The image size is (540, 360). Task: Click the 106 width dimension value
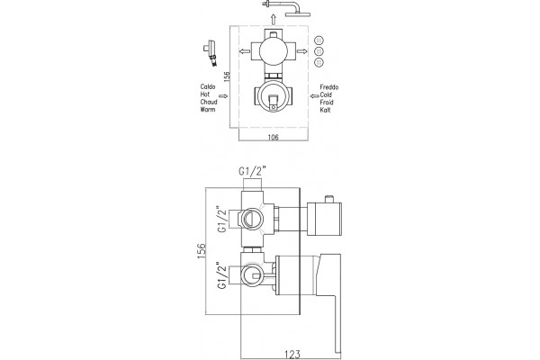click(x=273, y=138)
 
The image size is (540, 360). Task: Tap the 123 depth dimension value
click(x=292, y=354)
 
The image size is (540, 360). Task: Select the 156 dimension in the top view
click(x=227, y=76)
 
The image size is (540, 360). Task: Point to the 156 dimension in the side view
click(x=202, y=250)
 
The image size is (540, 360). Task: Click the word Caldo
click(x=208, y=86)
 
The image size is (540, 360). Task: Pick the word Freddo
click(x=329, y=87)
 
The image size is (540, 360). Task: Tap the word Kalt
click(x=326, y=110)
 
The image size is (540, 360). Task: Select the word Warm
click(x=208, y=110)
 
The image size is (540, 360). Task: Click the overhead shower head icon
click(x=286, y=8)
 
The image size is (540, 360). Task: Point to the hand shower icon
click(x=211, y=52)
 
